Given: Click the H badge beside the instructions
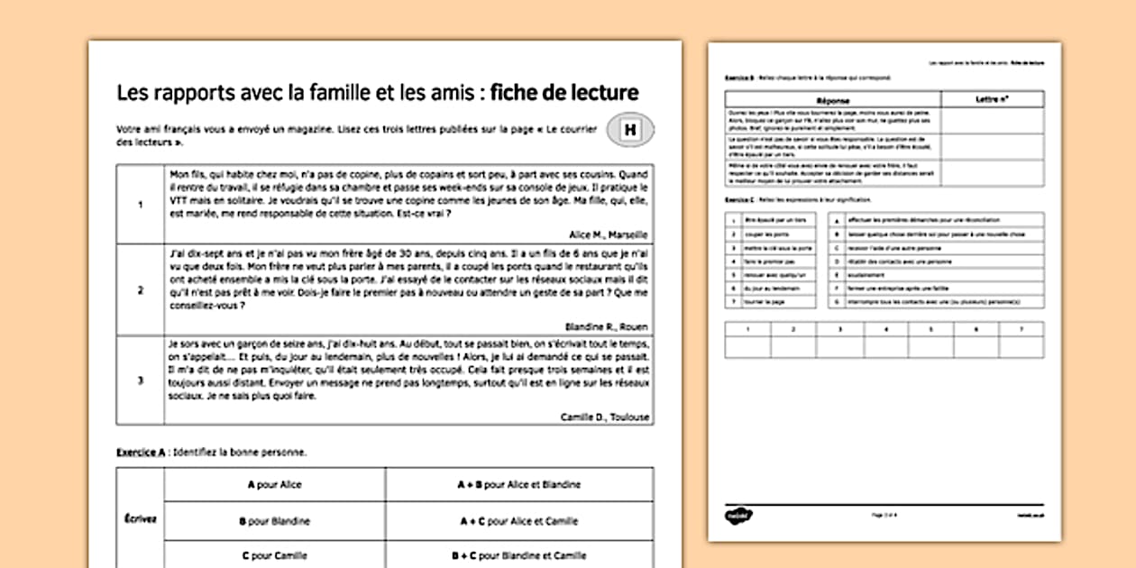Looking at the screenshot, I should coord(630,132).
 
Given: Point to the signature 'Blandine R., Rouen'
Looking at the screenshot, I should coord(606,326).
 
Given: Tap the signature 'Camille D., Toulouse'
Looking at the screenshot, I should coord(604,417).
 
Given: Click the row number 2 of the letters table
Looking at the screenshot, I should coord(140,290).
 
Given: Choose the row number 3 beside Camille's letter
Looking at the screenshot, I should coord(140,380).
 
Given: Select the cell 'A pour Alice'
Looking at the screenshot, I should coord(274,484).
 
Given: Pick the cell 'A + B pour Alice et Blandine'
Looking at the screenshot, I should coord(518,484).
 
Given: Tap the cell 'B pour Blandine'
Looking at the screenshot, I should coord(274,520).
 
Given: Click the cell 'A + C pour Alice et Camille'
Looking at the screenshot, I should coord(518,520).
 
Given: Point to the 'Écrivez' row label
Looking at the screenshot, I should coord(140,519).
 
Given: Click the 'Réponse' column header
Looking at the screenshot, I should coord(832,98).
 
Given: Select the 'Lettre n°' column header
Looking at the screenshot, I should coord(992,98).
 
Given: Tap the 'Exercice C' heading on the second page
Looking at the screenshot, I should coord(741,197).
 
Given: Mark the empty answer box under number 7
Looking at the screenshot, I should coord(1021,347).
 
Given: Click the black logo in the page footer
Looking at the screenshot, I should coord(737,515).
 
